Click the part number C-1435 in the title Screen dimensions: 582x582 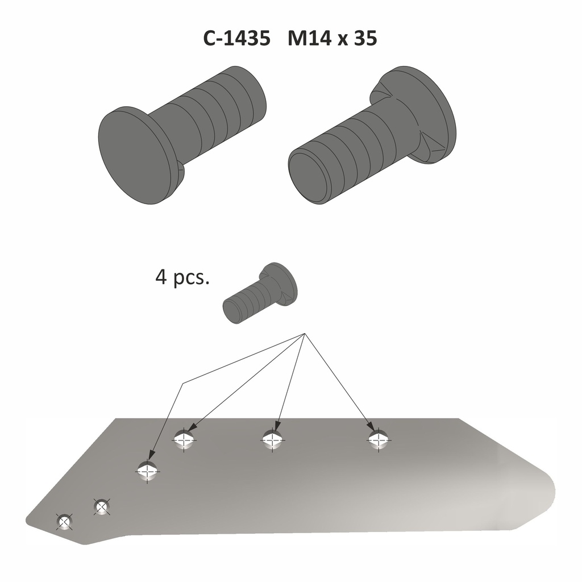[236, 39]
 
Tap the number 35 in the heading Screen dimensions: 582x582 [364, 39]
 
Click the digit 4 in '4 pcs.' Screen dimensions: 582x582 [161, 278]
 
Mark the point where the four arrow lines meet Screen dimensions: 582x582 [305, 334]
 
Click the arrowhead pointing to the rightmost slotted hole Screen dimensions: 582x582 [371, 427]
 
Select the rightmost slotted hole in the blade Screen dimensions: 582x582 [379, 439]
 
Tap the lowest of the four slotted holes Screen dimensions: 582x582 [148, 471]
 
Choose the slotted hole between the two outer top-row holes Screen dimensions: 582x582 [272, 439]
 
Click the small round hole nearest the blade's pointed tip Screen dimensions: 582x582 [65, 521]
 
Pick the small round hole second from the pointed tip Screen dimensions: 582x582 [102, 505]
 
